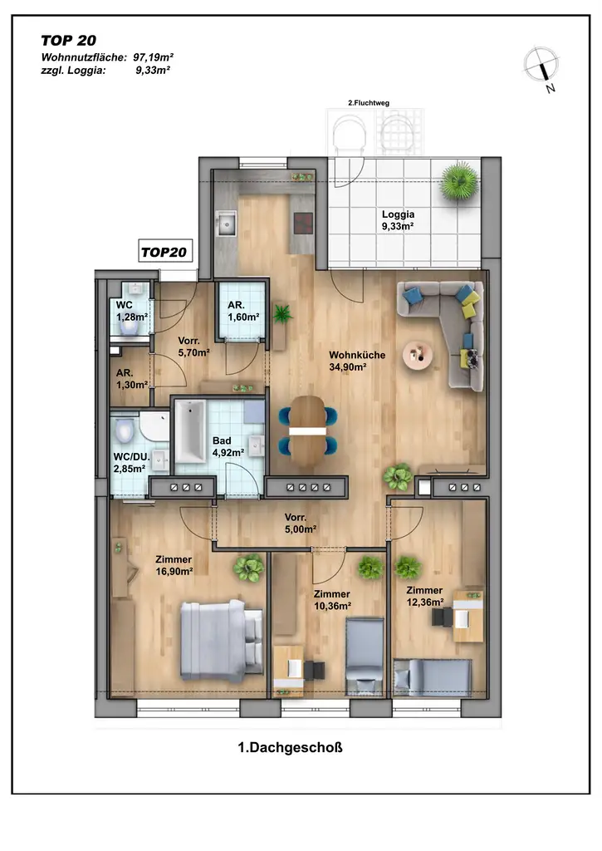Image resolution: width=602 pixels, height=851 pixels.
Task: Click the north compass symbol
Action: [x=541, y=65]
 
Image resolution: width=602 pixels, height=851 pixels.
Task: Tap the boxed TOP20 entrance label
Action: [x=164, y=252]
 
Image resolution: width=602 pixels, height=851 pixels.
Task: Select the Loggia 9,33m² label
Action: [x=398, y=220]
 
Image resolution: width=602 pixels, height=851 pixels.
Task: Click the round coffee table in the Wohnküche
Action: [x=418, y=355]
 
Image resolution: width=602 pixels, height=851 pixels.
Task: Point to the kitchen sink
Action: [x=226, y=223]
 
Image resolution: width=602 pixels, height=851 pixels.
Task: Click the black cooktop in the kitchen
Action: [x=304, y=223]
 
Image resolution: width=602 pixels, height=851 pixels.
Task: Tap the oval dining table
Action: [x=307, y=430]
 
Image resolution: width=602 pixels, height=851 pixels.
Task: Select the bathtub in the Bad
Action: [x=189, y=432]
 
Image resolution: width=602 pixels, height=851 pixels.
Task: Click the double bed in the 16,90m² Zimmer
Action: [x=221, y=641]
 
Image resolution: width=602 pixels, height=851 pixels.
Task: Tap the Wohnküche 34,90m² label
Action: [x=357, y=361]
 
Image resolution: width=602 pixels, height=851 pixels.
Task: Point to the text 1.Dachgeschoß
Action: [x=290, y=747]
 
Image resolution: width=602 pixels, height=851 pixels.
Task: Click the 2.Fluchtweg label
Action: [x=369, y=102]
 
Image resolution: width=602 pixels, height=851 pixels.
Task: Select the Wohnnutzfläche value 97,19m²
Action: [x=154, y=57]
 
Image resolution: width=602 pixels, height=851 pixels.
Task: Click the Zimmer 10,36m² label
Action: [x=332, y=600]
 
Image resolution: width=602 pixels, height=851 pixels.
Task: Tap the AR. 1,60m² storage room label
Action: [x=242, y=311]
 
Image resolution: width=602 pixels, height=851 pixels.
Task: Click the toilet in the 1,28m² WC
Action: [x=129, y=326]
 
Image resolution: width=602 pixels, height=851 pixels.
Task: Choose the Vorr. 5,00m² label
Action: [x=301, y=524]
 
